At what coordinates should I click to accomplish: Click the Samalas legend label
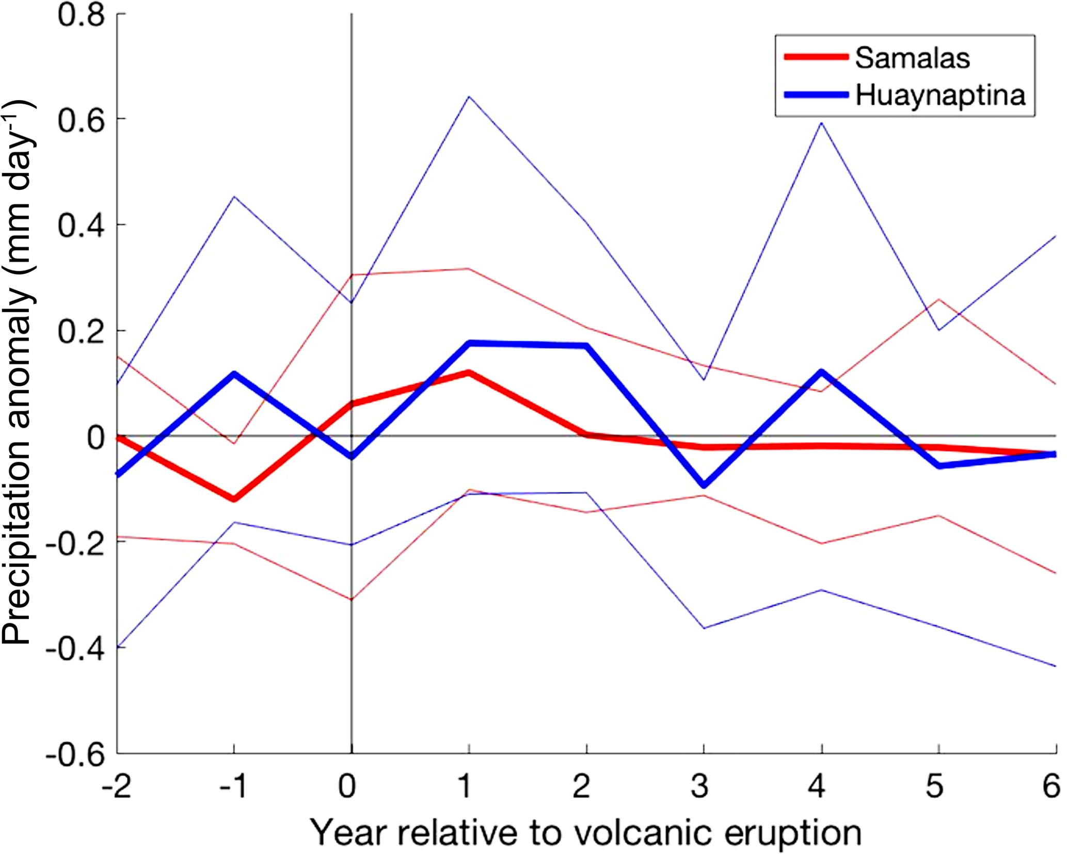coord(912,58)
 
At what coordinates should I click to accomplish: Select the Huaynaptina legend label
coord(940,95)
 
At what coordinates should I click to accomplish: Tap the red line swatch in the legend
coord(816,57)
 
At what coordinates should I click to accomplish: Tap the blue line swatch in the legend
coord(816,95)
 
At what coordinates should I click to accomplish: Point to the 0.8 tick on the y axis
coord(81,15)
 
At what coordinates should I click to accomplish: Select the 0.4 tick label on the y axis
coord(81,225)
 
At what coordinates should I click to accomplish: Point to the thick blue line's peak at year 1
coord(469,343)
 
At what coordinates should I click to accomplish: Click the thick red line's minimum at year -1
coord(234,499)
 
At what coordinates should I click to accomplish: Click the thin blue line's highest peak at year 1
coord(468,96)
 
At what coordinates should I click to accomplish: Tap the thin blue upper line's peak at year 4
coord(821,123)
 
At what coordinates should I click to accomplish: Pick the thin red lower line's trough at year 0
coord(352,599)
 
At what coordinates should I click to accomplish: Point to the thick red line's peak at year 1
coord(469,373)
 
